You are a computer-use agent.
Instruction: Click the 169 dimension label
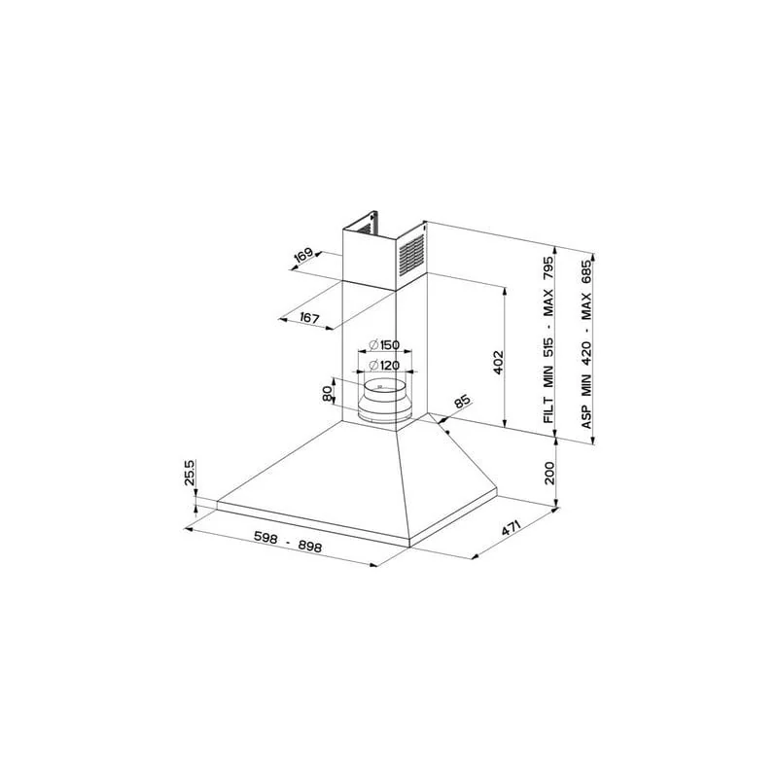pos(303,255)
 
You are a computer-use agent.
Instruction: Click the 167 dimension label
pos(309,318)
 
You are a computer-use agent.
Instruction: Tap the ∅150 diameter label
pos(384,345)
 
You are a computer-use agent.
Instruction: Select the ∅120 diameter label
pos(384,366)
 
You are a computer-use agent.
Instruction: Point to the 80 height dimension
pos(327,394)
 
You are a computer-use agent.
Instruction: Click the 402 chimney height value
pos(498,363)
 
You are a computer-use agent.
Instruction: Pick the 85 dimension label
pos(461,402)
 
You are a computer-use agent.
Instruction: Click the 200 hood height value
pos(548,474)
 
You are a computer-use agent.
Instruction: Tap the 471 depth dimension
pos(511,528)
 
